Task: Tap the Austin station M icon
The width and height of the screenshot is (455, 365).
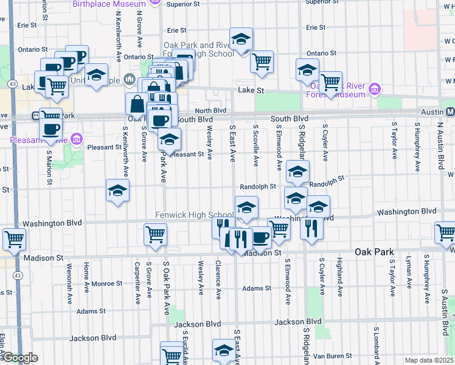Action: click(x=450, y=112)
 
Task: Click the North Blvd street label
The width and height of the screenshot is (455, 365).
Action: click(x=210, y=111)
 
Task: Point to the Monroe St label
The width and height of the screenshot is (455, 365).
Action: click(x=107, y=283)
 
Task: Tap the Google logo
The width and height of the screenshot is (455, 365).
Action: click(x=20, y=358)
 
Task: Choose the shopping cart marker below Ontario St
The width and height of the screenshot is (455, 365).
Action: click(x=262, y=61)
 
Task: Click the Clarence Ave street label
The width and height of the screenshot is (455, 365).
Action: click(x=217, y=280)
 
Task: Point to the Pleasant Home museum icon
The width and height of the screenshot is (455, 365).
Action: click(x=76, y=140)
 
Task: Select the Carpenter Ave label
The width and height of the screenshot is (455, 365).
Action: click(x=138, y=282)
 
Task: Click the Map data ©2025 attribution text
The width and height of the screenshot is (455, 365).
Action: click(x=429, y=360)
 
